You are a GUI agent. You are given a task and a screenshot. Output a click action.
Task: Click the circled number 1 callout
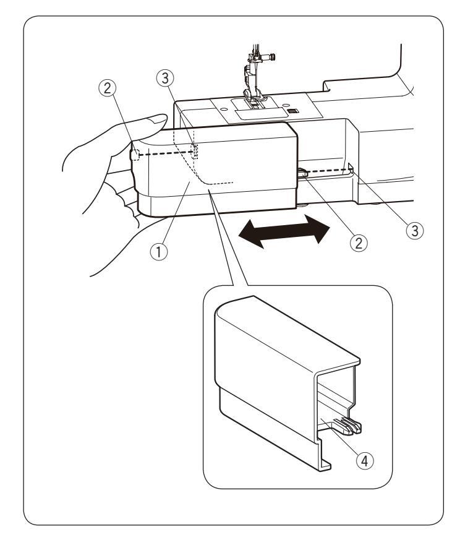pyautogui.click(x=158, y=251)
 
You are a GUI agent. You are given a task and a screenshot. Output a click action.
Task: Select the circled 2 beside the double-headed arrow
pyautogui.click(x=358, y=242)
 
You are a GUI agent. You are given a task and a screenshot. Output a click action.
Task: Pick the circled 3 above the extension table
pyautogui.click(x=165, y=78)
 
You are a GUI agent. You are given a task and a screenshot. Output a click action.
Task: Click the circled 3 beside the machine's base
pyautogui.click(x=415, y=231)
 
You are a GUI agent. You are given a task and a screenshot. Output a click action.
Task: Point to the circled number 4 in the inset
pyautogui.click(x=364, y=461)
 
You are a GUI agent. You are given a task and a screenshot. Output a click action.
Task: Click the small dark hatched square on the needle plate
pyautogui.click(x=293, y=111)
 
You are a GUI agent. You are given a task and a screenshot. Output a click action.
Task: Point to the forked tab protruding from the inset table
pyautogui.click(x=348, y=426)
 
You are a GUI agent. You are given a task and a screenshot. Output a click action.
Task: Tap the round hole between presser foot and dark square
pyautogui.click(x=285, y=105)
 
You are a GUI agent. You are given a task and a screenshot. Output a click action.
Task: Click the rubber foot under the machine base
pyautogui.click(x=302, y=205)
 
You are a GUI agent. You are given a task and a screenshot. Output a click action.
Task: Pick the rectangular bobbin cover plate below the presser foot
pyautogui.click(x=258, y=113)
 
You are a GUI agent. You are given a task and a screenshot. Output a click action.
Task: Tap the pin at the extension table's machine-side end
pyautogui.click(x=302, y=173)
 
